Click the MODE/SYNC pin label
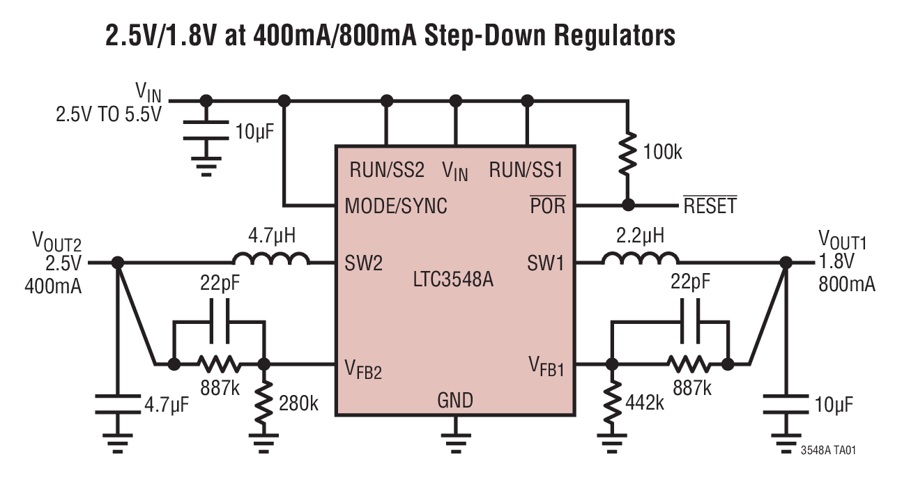[x=396, y=206]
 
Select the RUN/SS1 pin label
[x=526, y=170]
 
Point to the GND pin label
[x=455, y=400]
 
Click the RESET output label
[x=710, y=206]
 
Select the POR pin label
[x=548, y=206]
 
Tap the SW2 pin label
[x=362, y=263]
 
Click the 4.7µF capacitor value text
[x=167, y=405]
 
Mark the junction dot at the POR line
[x=627, y=205]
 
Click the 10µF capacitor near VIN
[x=206, y=132]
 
